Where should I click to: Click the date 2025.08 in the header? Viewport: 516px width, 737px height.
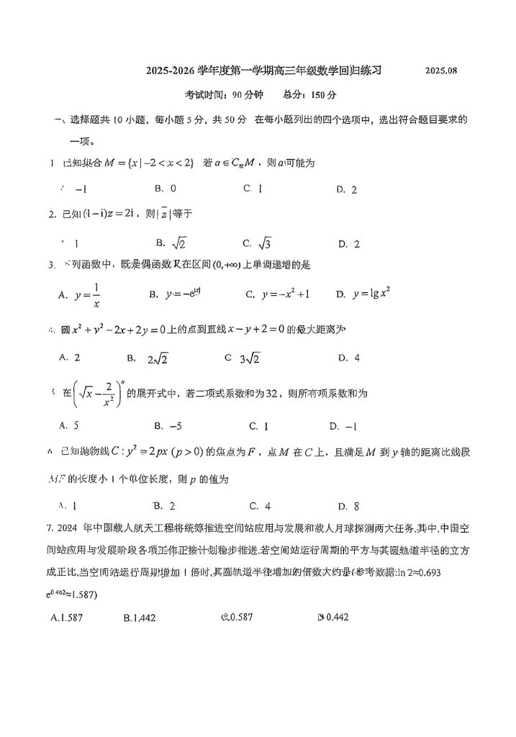tap(440, 71)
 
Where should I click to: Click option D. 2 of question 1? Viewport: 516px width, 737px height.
tap(347, 189)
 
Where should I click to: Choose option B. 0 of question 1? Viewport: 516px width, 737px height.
tap(166, 189)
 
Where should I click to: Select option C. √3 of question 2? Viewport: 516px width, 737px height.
tap(256, 243)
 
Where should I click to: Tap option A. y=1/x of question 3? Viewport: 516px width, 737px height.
tap(83, 295)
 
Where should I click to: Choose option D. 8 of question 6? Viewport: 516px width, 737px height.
tap(348, 505)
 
